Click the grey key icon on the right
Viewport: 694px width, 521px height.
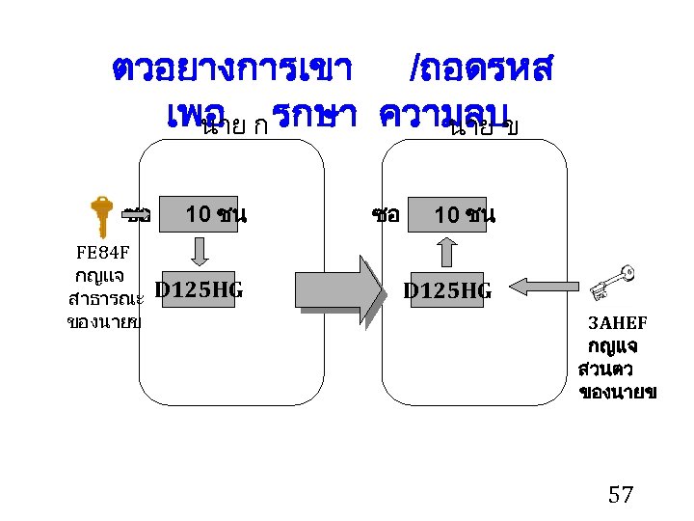point(614,281)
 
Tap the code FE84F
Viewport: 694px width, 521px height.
point(103,254)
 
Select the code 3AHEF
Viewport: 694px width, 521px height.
point(618,322)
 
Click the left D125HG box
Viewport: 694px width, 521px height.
point(199,288)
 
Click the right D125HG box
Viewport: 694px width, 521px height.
point(447,289)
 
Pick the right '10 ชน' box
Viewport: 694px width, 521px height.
point(464,214)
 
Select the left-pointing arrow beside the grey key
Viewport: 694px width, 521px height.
point(530,286)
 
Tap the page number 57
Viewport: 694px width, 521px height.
point(621,496)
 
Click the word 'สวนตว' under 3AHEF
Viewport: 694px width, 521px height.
point(606,370)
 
